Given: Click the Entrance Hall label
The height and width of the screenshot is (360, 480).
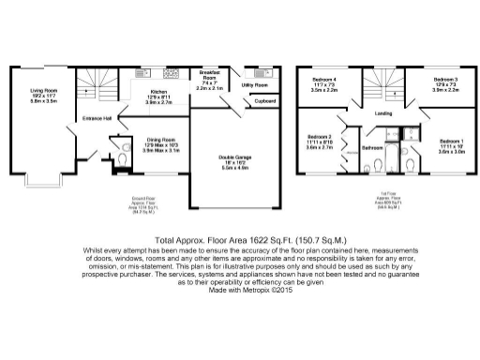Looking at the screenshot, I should click(97, 118).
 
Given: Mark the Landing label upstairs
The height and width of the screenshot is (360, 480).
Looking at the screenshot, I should click(382, 114).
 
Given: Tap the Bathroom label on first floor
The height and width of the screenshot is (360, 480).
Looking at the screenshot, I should click(374, 148).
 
